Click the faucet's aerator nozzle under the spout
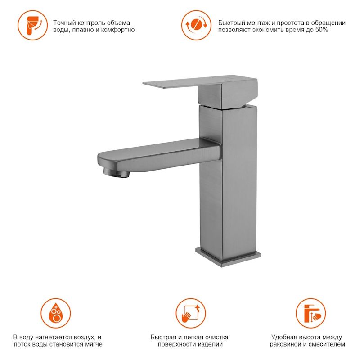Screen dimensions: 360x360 click(x=116, y=172)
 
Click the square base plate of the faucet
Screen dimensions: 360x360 click(x=228, y=256)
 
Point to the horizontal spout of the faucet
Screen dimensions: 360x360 click(x=158, y=155)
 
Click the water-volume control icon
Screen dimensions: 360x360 click(x=32, y=25)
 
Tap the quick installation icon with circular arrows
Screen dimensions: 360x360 click(x=196, y=25)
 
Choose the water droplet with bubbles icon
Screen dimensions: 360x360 click(x=56, y=313)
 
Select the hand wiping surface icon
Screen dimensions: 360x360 click(x=191, y=313)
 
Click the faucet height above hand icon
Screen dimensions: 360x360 click(x=310, y=313)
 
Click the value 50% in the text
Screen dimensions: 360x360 click(x=322, y=30)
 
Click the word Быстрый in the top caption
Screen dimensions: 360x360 click(x=231, y=23)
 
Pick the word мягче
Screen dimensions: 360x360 click(x=93, y=344)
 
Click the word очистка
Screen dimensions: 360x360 click(x=216, y=337)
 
